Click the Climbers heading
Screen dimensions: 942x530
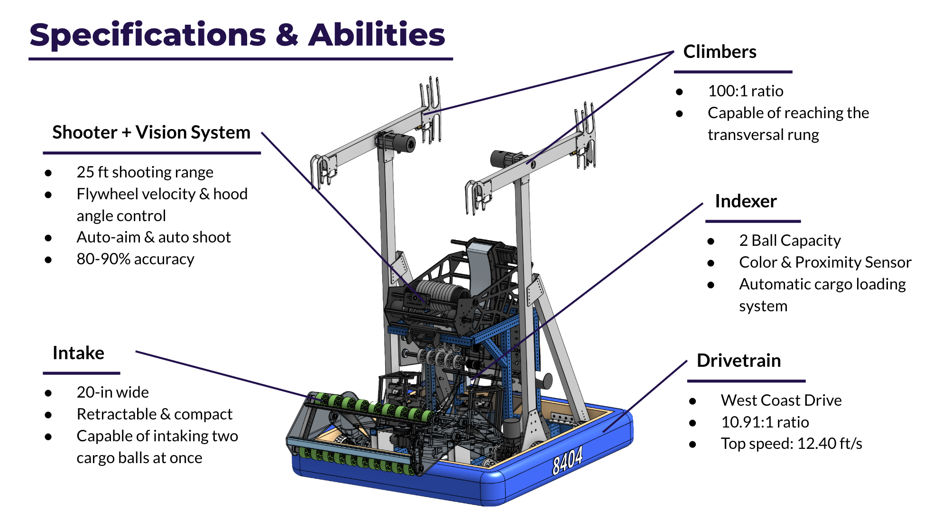point(720,52)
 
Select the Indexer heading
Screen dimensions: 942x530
point(746,201)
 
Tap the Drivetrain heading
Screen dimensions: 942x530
point(739,361)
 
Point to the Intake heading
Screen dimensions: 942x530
point(78,353)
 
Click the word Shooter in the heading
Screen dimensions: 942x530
point(84,132)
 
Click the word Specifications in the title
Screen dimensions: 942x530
point(148,36)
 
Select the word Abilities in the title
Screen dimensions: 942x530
point(377,36)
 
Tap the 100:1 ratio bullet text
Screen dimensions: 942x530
point(745,91)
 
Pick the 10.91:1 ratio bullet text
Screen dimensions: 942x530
point(765,422)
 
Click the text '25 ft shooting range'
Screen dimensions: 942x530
point(145,172)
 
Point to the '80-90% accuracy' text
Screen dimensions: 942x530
point(135,259)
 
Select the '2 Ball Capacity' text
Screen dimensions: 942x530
point(790,241)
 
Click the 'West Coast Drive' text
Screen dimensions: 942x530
point(781,400)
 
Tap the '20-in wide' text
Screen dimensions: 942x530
point(112,392)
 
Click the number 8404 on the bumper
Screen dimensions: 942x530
point(567,460)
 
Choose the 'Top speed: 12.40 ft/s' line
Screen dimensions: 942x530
point(791,444)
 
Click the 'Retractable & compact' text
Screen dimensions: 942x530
point(154,414)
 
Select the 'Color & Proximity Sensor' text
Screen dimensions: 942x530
point(825,262)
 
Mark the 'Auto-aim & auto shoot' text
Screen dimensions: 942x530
point(154,237)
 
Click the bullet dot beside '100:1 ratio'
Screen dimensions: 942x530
point(680,92)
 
